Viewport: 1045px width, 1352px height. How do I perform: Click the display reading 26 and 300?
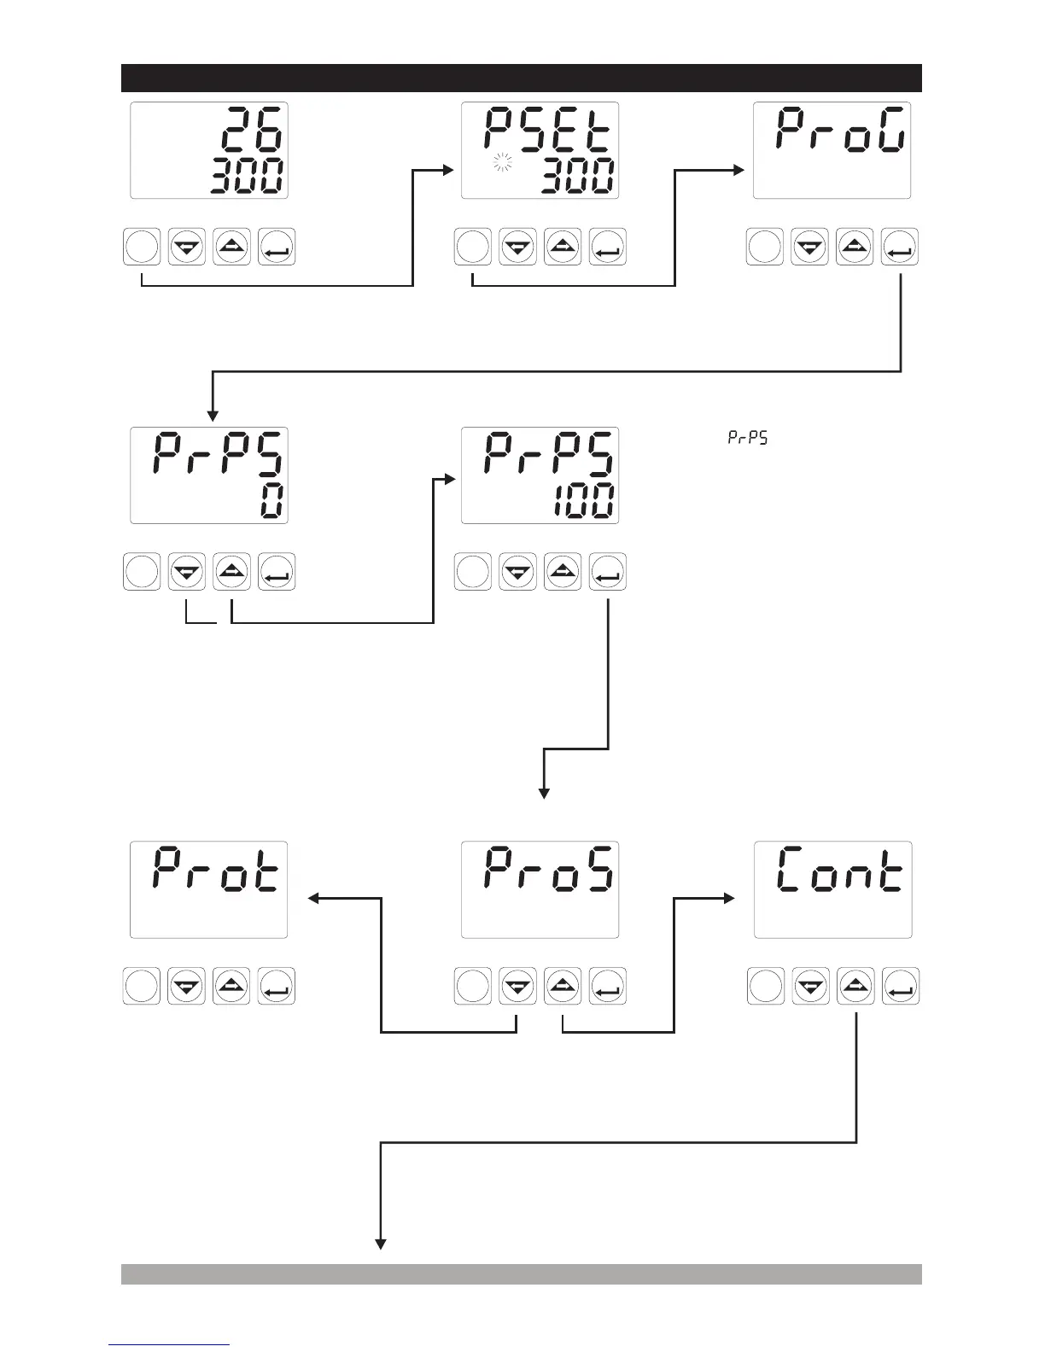point(208,150)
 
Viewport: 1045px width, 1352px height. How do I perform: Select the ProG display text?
point(840,133)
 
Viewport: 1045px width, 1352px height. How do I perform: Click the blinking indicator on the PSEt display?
point(500,164)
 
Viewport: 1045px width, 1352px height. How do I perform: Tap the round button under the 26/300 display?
point(142,248)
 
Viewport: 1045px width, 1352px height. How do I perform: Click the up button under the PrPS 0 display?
point(231,572)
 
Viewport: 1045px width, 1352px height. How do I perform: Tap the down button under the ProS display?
point(517,987)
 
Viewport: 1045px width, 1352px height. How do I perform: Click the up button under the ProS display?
point(562,987)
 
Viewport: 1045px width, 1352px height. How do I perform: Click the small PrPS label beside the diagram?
point(747,438)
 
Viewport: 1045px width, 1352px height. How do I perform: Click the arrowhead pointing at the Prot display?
point(313,898)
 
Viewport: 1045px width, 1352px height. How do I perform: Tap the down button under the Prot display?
point(186,987)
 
